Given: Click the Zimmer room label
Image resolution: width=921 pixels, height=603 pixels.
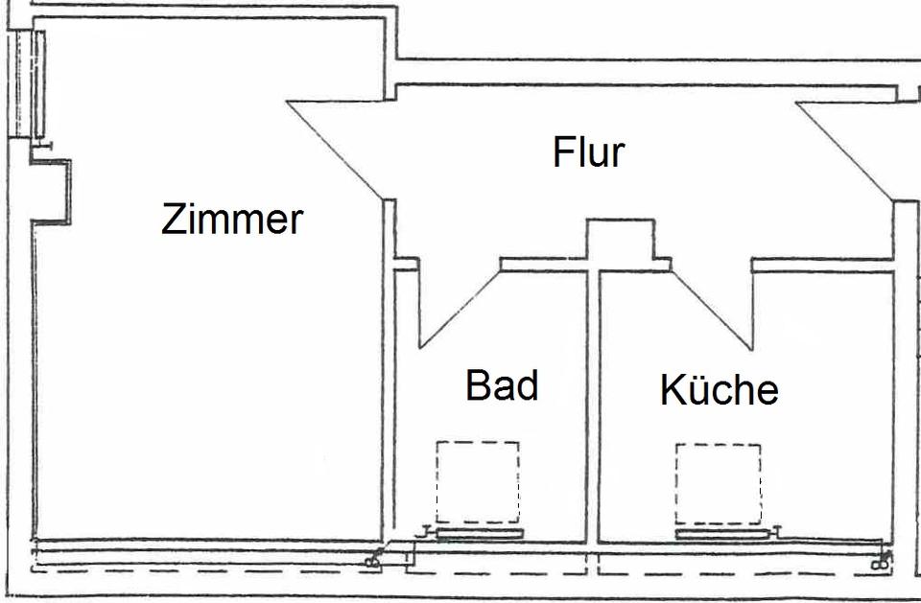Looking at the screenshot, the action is coord(232,220).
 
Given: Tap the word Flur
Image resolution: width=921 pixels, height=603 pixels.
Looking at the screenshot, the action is coord(588,152).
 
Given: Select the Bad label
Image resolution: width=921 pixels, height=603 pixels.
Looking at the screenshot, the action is coord(501,385).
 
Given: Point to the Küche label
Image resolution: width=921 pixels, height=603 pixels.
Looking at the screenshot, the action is coord(719,390).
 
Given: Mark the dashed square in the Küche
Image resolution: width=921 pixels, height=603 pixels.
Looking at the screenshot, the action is coord(718,482).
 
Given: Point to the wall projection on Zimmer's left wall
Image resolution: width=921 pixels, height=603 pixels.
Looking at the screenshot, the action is coord(52,192).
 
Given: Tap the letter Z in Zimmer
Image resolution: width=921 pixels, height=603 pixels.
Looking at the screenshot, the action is coord(172,220).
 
